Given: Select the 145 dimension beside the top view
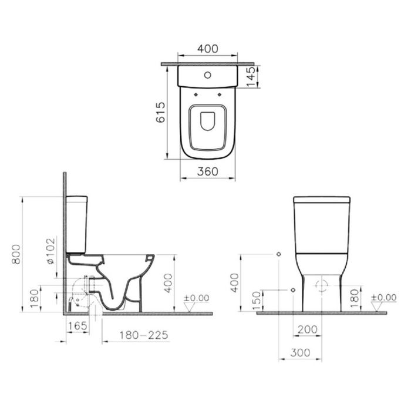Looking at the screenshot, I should coord(251,76).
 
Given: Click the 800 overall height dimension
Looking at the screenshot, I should coord(15,254).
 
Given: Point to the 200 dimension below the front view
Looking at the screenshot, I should coord(307,331).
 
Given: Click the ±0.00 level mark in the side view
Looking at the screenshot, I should coord(196,298).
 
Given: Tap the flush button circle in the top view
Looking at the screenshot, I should coord(208,75).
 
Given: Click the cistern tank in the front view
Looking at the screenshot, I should coord(322,223).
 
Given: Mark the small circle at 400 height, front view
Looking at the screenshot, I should coord(278,254).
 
